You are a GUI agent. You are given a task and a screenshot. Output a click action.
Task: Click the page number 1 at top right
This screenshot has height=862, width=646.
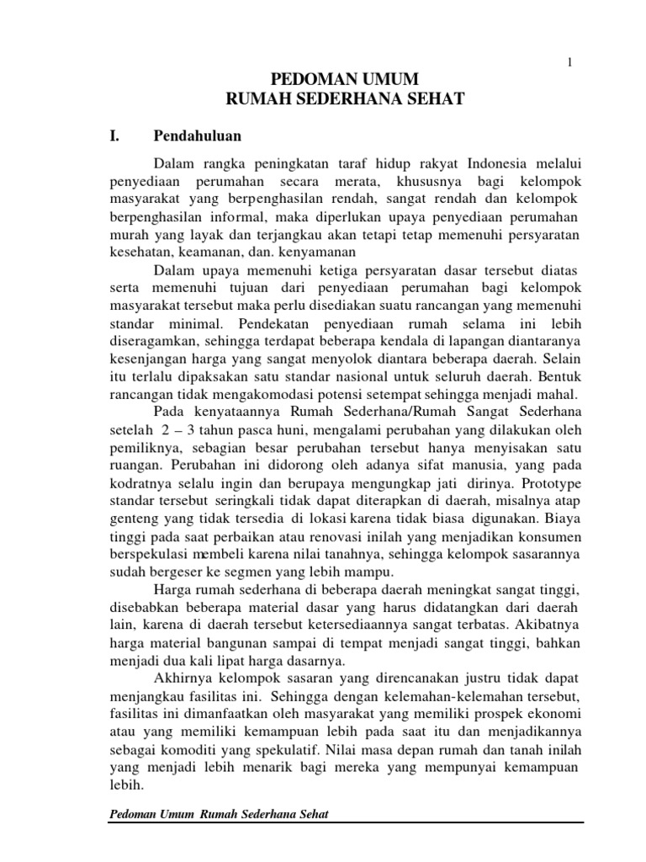click(x=571, y=63)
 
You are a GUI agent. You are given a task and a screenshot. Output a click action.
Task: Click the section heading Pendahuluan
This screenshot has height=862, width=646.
click(x=197, y=136)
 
